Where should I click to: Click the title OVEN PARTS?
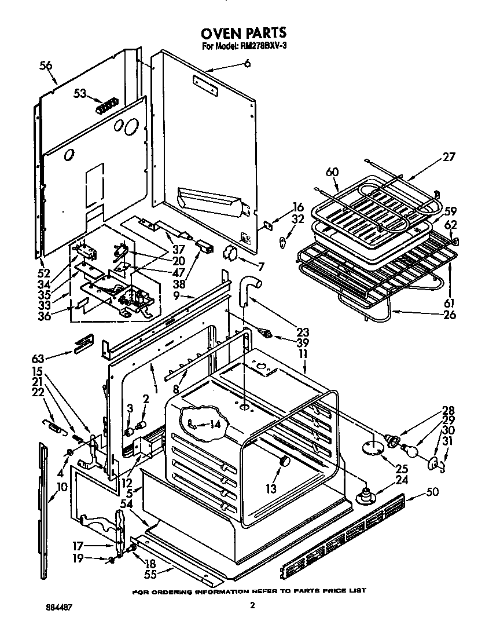pyautogui.click(x=244, y=33)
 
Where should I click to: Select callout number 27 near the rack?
pyautogui.click(x=450, y=156)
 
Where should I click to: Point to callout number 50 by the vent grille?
pyautogui.click(x=432, y=492)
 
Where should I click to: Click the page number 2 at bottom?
pyautogui.click(x=252, y=606)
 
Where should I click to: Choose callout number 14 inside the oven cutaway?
pyautogui.click(x=215, y=423)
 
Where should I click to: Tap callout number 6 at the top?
pyautogui.click(x=247, y=64)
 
